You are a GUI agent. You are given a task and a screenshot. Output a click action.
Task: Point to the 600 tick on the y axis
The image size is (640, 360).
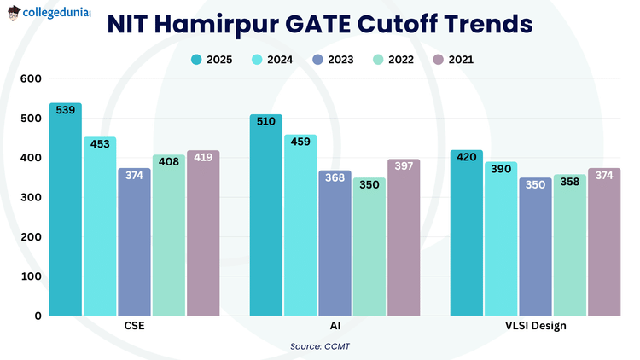click(x=31, y=78)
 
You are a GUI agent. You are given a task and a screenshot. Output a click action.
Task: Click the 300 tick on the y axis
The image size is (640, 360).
click(x=31, y=197)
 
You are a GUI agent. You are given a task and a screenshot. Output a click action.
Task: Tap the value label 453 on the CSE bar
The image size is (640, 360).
click(x=101, y=143)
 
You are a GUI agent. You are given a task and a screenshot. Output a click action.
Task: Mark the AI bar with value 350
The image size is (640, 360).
click(x=369, y=247)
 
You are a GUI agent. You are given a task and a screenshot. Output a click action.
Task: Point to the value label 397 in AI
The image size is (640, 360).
click(x=404, y=165)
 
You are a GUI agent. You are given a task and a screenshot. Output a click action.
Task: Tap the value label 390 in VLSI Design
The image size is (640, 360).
click(x=501, y=169)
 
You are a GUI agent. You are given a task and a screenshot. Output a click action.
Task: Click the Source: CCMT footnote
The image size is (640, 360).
click(x=319, y=345)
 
